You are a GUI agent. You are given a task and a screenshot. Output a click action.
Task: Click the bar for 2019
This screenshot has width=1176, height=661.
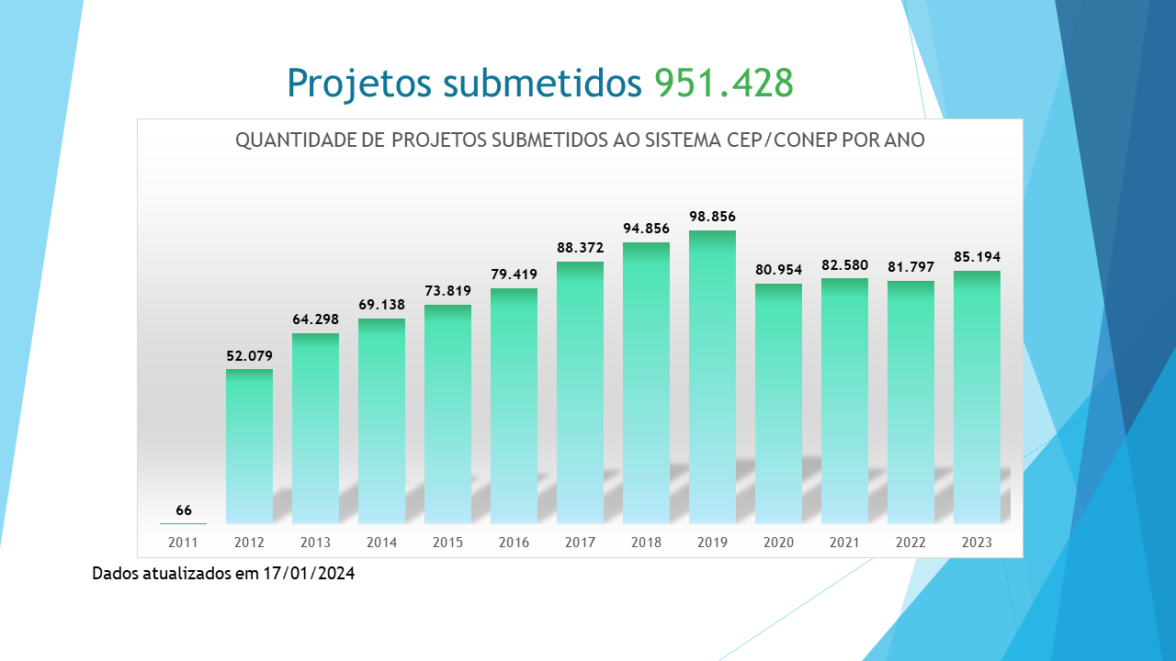[x=712, y=376]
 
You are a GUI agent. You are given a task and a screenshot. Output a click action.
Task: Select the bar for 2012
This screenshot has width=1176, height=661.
[x=249, y=445]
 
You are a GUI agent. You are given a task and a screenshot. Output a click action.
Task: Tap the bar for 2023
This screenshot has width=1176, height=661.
[x=977, y=397]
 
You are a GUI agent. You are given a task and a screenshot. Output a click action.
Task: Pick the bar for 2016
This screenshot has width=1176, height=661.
[x=514, y=406]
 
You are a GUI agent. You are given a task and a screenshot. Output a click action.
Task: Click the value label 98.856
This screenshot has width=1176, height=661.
[x=712, y=217]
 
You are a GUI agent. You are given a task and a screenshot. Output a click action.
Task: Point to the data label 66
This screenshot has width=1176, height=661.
[x=184, y=510]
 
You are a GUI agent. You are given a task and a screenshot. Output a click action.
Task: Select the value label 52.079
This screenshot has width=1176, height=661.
[x=249, y=356]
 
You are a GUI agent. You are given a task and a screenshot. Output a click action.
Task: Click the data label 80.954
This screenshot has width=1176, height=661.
[x=778, y=270]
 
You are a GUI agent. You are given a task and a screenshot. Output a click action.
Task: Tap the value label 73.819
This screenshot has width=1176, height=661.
[x=447, y=291]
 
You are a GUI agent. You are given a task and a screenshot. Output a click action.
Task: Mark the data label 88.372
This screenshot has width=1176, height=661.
[x=580, y=247]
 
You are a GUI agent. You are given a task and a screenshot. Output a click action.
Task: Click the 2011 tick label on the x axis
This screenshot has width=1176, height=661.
[x=184, y=543]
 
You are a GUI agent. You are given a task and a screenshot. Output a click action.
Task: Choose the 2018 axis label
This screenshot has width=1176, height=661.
[x=646, y=543]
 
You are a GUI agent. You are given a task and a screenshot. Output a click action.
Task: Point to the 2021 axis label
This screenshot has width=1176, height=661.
[x=844, y=543]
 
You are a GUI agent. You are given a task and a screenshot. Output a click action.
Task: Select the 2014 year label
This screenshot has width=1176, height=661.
[x=381, y=543]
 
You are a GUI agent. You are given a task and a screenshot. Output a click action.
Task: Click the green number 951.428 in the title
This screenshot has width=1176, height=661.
[x=724, y=83]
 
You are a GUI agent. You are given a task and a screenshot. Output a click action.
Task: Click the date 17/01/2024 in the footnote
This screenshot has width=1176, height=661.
[x=310, y=574]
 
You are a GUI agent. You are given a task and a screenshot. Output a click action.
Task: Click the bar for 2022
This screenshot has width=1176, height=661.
[x=910, y=401]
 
